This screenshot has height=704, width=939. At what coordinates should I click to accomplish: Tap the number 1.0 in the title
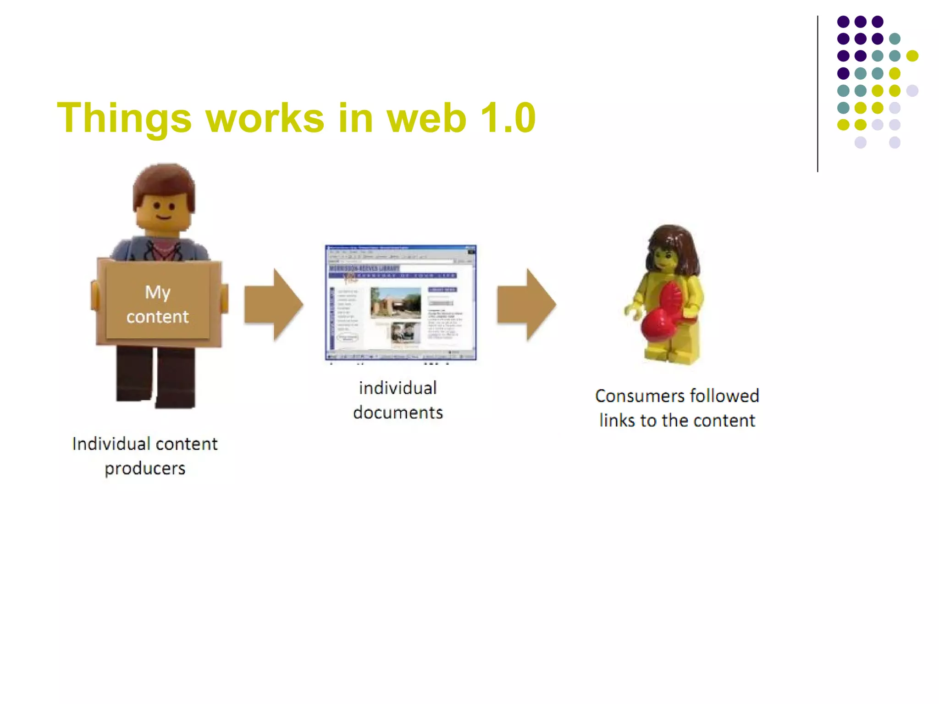(508, 118)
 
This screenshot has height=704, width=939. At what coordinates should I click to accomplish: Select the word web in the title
(426, 118)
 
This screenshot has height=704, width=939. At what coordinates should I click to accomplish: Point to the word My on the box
(158, 292)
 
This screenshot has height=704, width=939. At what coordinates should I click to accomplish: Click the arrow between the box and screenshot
(274, 304)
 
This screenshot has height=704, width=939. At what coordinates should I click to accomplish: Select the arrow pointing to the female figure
(527, 304)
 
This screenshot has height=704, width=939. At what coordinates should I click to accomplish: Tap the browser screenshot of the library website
(401, 302)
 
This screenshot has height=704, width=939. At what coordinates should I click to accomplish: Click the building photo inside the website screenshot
(395, 302)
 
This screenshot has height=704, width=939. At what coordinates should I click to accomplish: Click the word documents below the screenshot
(398, 412)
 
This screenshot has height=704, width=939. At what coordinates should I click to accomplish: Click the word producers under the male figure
(145, 468)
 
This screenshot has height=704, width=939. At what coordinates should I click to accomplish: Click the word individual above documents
(398, 388)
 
